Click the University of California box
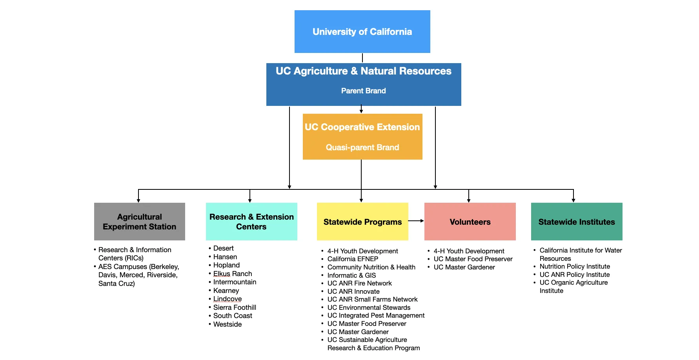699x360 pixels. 362,31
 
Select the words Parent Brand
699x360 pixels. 363,91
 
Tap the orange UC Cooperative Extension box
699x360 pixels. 362,136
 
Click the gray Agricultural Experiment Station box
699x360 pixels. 139,222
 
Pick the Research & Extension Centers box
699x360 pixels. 251,222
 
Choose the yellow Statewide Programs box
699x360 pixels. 362,222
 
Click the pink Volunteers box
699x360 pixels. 470,222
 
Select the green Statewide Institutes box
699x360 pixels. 576,222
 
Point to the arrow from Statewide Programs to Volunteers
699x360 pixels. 416,221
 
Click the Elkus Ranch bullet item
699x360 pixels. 233,274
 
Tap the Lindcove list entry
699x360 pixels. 228,299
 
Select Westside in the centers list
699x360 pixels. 228,324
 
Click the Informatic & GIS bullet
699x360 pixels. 351,275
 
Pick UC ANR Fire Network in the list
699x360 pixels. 359,283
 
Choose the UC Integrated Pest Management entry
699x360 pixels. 376,315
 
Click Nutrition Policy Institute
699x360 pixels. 575,266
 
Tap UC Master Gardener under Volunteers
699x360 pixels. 464,267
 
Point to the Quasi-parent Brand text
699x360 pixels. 362,147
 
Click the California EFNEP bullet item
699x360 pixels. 353,259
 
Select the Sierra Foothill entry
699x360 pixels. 235,307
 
